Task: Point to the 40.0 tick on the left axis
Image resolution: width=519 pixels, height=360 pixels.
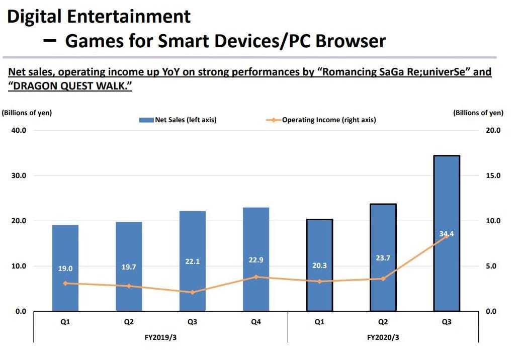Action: [x=19, y=130]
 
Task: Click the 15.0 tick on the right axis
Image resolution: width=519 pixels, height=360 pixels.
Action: [x=493, y=175]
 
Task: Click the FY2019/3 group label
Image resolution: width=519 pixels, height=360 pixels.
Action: [x=160, y=337]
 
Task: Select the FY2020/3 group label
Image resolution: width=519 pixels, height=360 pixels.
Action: [x=383, y=337]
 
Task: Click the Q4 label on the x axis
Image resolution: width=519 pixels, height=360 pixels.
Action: [x=256, y=322]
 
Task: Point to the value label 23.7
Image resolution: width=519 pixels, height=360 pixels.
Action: [x=383, y=258]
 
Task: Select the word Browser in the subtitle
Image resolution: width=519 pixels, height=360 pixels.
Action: [x=351, y=40]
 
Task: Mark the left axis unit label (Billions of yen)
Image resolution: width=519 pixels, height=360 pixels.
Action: [x=26, y=113]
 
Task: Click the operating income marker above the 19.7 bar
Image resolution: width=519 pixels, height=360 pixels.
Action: [x=129, y=286]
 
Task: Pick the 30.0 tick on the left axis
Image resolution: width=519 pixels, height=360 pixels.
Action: [x=19, y=175]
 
